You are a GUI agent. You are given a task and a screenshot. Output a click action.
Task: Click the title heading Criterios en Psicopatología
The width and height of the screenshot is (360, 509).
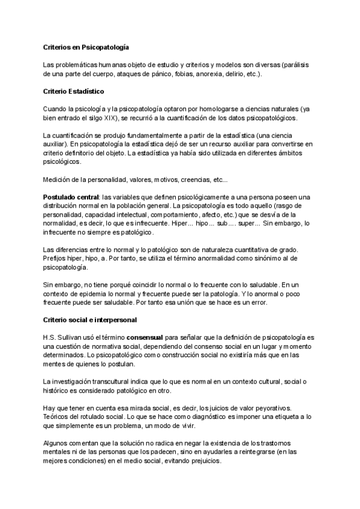coord(86,46)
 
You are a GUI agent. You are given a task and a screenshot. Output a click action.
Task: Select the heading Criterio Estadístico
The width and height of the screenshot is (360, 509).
coord(74,91)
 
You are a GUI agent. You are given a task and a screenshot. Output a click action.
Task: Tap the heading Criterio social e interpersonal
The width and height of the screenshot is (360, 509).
coord(90,319)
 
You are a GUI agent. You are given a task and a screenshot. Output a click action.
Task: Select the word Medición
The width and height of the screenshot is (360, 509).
coord(57,179)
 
